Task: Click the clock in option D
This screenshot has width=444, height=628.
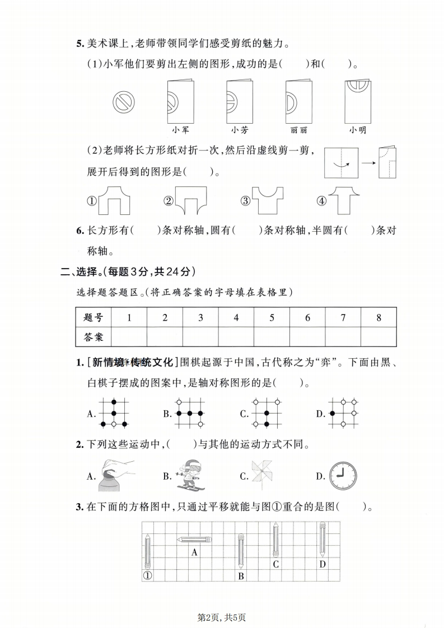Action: pyautogui.click(x=343, y=476)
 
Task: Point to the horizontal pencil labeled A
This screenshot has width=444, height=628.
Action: pyautogui.click(x=194, y=540)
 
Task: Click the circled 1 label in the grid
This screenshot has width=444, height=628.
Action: pyautogui.click(x=147, y=575)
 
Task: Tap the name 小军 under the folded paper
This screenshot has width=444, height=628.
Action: pyautogui.click(x=180, y=130)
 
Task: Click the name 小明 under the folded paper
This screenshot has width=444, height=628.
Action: pyautogui.click(x=358, y=130)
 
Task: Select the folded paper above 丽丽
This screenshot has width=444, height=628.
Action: pyautogui.click(x=298, y=101)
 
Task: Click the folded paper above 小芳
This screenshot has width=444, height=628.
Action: pyautogui.click(x=240, y=101)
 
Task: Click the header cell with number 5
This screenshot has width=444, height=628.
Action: pyautogui.click(x=272, y=317)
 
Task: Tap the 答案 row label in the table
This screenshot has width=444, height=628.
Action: pyautogui.click(x=94, y=337)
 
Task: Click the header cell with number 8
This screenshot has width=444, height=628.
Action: pyautogui.click(x=378, y=317)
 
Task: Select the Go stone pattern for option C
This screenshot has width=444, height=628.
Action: pyautogui.click(x=265, y=413)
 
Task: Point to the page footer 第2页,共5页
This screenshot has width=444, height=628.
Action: pyautogui.click(x=222, y=617)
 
